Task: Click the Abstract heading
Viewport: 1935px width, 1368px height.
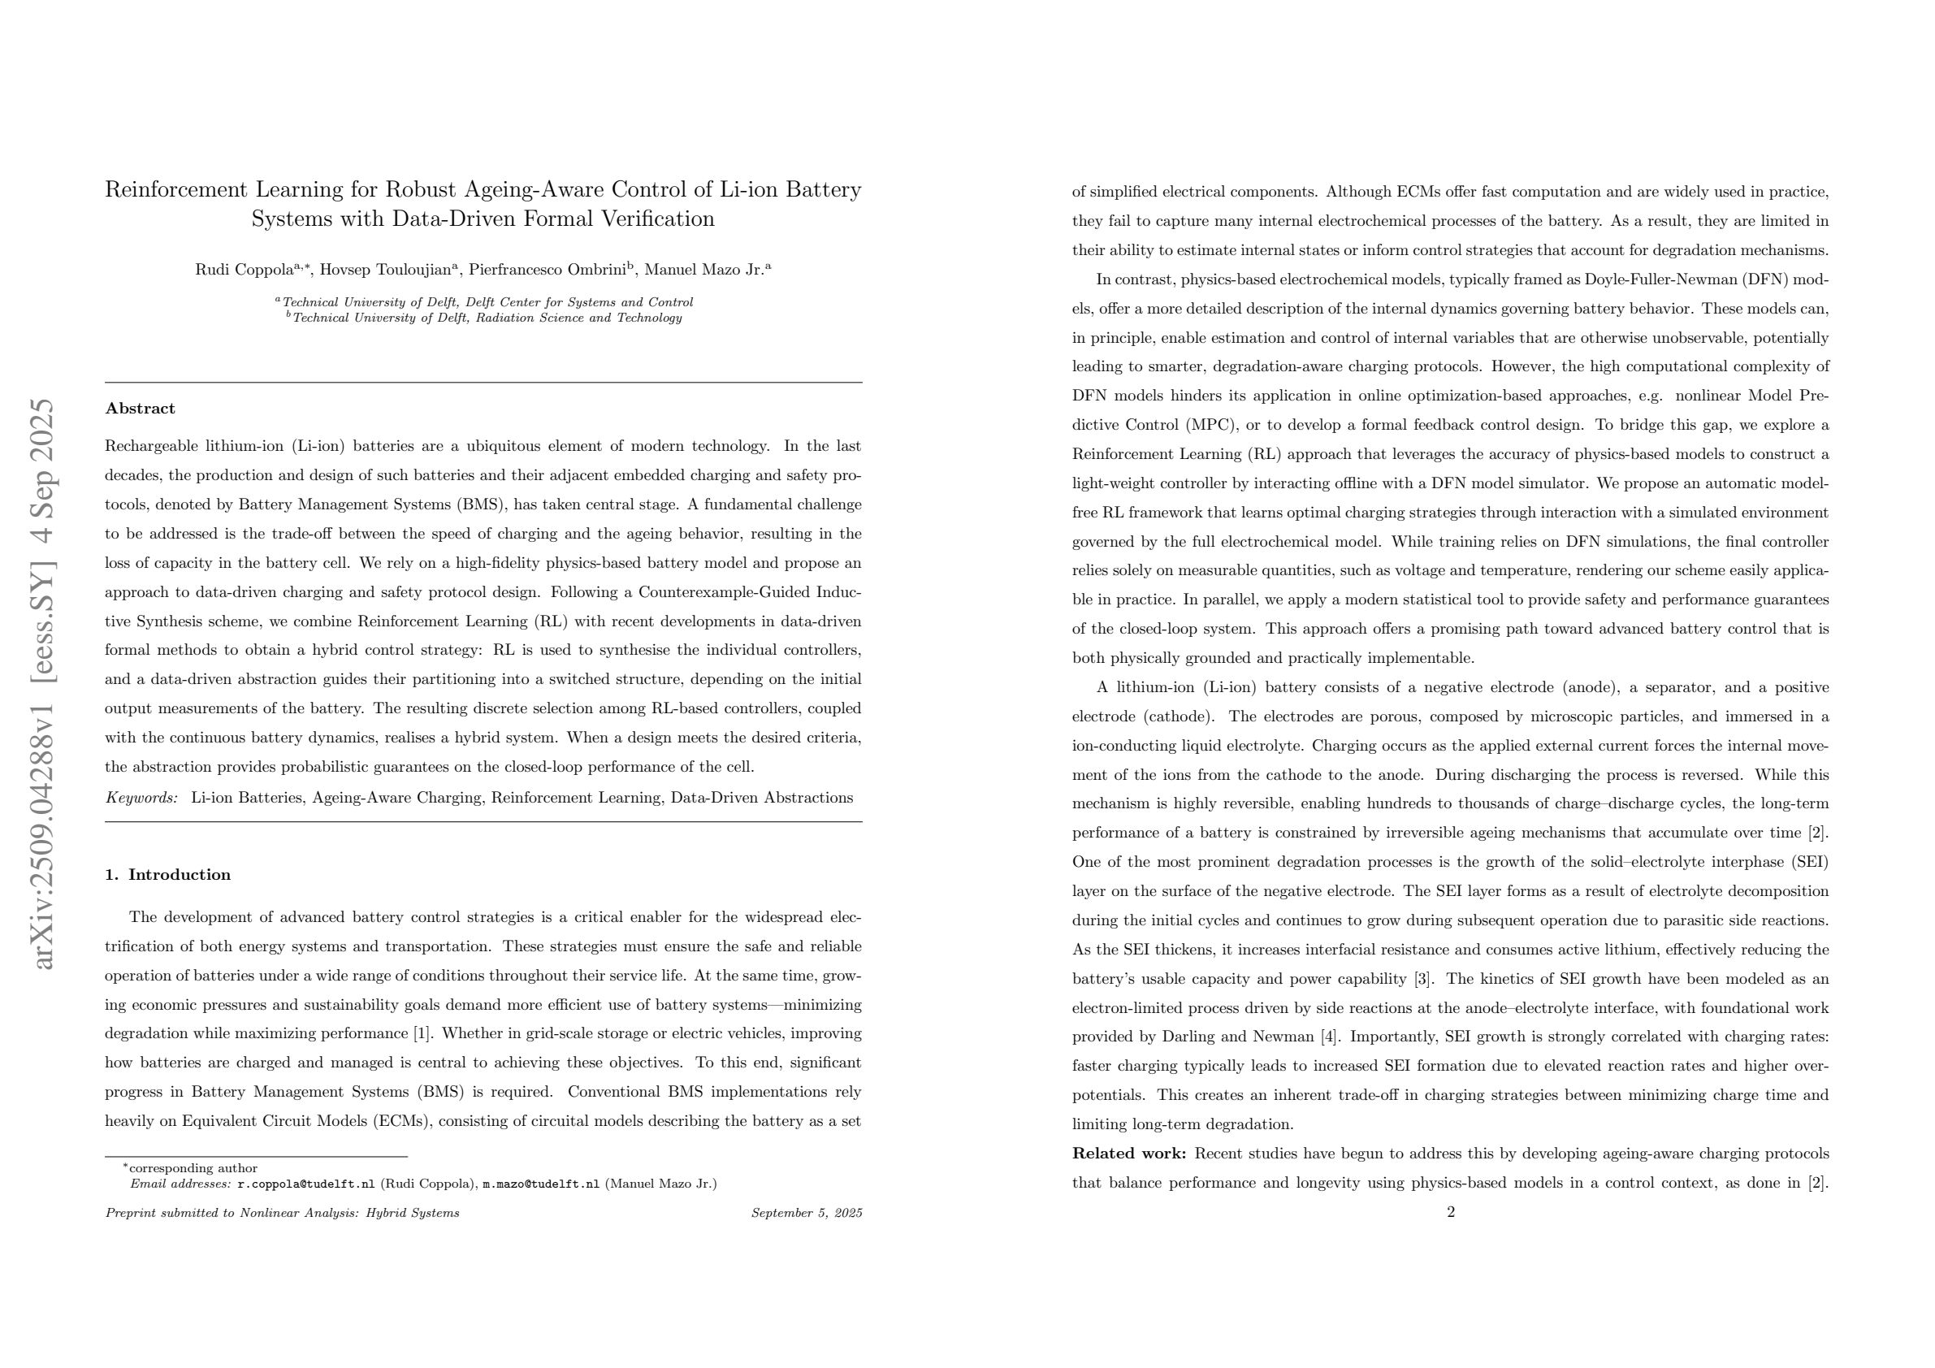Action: point(140,409)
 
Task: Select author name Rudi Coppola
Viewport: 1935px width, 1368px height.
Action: point(245,271)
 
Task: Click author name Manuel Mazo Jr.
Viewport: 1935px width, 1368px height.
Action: point(703,271)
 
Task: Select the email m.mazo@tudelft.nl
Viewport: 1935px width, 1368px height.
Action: point(540,1184)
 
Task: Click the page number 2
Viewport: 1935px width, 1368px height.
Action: point(1450,1213)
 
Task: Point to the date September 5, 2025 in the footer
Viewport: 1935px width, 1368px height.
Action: point(807,1214)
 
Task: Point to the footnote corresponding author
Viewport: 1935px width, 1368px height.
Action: point(193,1169)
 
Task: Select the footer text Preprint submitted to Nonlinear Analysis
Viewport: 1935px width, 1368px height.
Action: point(283,1214)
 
